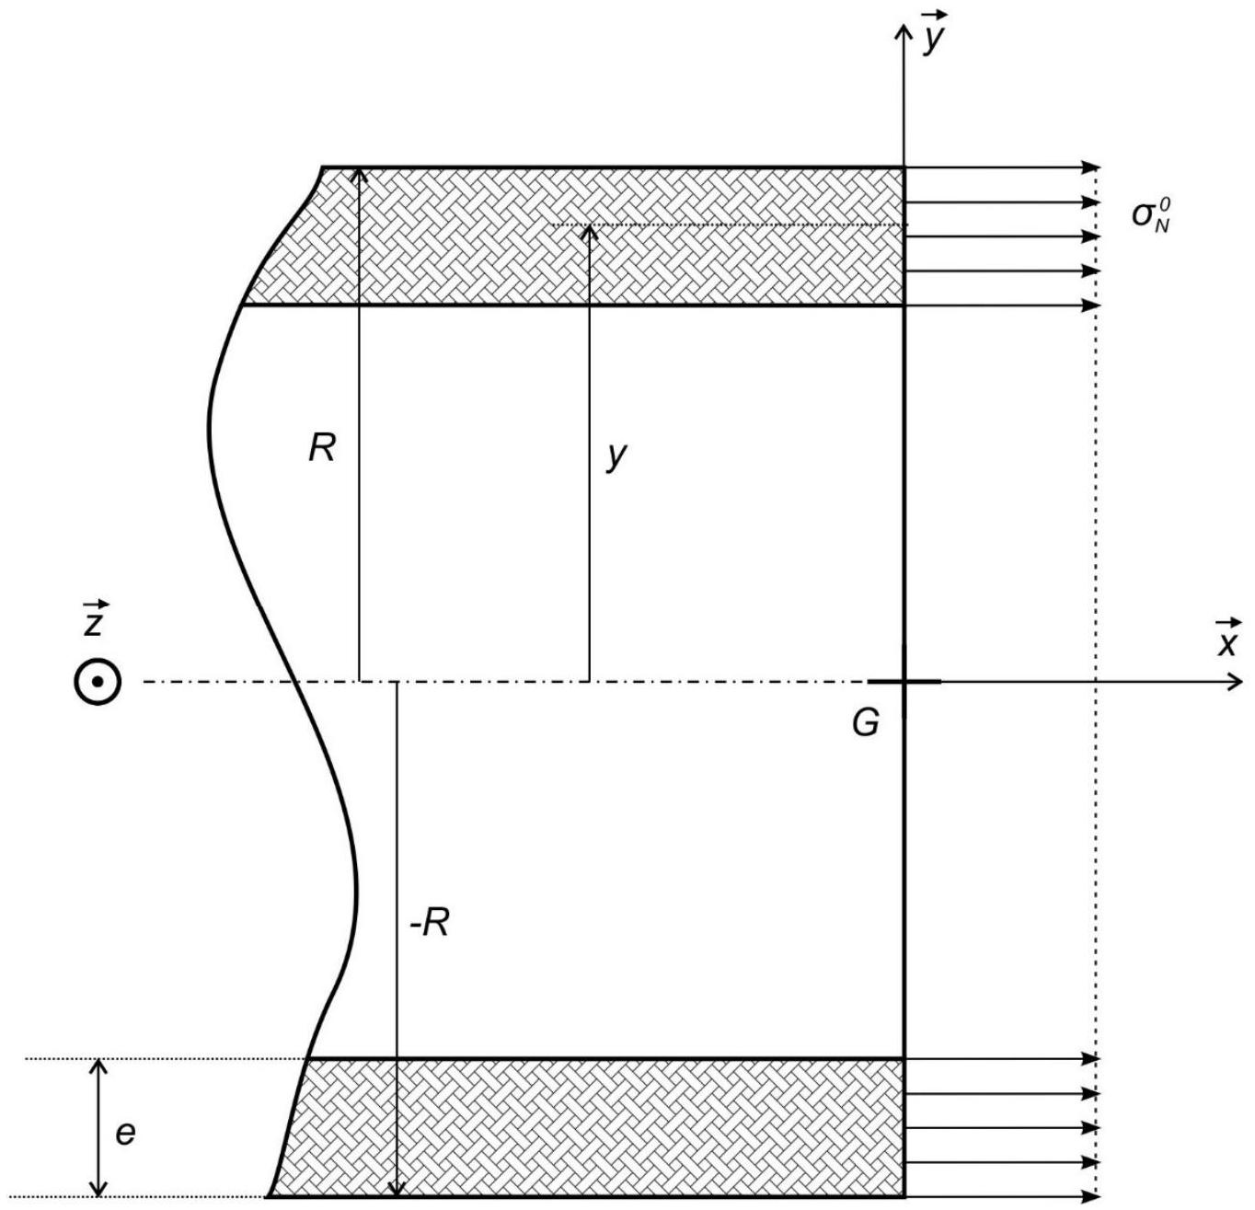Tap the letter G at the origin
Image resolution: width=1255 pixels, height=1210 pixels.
pyautogui.click(x=865, y=723)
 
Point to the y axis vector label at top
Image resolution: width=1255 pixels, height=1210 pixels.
pyautogui.click(x=934, y=32)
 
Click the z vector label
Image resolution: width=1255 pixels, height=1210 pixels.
pyautogui.click(x=96, y=618)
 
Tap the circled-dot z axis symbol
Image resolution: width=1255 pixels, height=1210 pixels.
pyautogui.click(x=97, y=681)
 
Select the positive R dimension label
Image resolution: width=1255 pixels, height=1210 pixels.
pyautogui.click(x=322, y=447)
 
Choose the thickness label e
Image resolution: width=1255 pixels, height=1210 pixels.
pyautogui.click(x=125, y=1134)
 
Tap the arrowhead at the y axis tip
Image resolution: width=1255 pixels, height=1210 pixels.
pyautogui.click(x=904, y=32)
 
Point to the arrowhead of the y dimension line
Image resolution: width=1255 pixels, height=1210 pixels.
pyautogui.click(x=588, y=233)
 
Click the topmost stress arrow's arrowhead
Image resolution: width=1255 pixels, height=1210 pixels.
pyautogui.click(x=1091, y=167)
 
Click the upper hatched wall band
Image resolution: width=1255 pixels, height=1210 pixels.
pyautogui.click(x=573, y=236)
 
